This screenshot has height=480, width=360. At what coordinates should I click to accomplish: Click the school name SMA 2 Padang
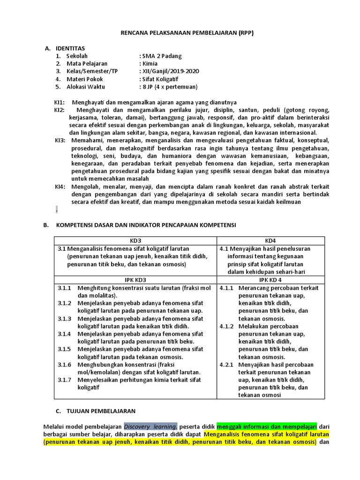pyautogui.click(x=162, y=56)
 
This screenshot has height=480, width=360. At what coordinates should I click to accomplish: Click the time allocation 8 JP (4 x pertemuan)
pyautogui.click(x=169, y=87)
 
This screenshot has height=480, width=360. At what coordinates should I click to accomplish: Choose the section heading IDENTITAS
pyautogui.click(x=70, y=48)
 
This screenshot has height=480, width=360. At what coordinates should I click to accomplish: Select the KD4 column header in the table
pyautogui.click(x=270, y=240)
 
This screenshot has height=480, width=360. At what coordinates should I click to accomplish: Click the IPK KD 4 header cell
pyautogui.click(x=270, y=280)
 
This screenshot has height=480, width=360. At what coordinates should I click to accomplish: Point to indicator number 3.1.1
pyautogui.click(x=65, y=288)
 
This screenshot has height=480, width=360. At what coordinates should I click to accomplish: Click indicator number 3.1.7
pyautogui.click(x=65, y=380)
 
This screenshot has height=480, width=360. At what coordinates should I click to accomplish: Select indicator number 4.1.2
pyautogui.click(x=227, y=326)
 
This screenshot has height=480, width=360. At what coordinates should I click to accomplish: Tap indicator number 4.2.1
pyautogui.click(x=227, y=364)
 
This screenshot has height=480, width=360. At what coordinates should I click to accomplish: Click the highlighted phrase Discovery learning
pyautogui.click(x=150, y=427)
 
